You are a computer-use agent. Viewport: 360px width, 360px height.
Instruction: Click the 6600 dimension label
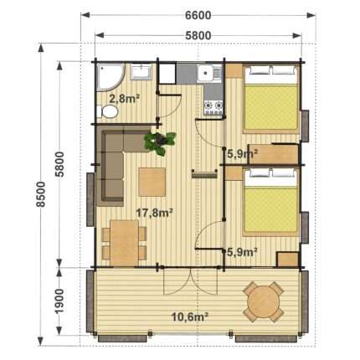click(x=198, y=16)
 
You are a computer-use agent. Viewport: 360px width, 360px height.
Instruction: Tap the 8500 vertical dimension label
click(x=41, y=194)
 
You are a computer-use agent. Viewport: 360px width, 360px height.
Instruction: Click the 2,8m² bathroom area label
click(x=125, y=99)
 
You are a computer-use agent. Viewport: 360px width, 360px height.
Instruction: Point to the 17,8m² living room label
click(x=154, y=213)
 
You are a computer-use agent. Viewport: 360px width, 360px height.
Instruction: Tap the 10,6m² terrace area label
click(x=190, y=316)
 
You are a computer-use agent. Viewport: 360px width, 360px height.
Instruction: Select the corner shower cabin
click(x=110, y=77)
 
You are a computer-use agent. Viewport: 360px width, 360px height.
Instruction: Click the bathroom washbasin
click(x=141, y=72)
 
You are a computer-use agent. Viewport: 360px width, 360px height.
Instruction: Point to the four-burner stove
click(x=213, y=107)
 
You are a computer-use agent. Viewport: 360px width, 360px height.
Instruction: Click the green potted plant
click(x=160, y=143)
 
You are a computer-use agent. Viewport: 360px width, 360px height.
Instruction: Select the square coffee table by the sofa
click(x=152, y=182)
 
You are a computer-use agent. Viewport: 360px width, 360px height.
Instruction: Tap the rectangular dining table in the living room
click(x=125, y=243)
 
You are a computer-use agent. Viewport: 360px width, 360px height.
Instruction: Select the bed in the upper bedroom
click(x=270, y=100)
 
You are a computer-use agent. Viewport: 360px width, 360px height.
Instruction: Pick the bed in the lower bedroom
click(x=270, y=202)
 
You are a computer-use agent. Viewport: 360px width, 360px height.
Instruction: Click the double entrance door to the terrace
click(x=190, y=282)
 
